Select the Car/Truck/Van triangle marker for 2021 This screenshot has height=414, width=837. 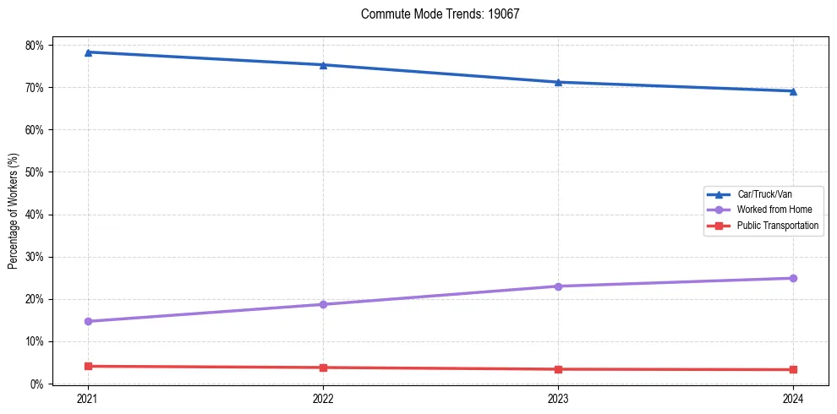click(88, 52)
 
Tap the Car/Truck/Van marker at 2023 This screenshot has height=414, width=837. click(558, 82)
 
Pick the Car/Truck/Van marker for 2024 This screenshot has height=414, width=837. click(793, 91)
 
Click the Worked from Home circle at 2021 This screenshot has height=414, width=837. click(88, 321)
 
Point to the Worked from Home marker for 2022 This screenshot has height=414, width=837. click(323, 304)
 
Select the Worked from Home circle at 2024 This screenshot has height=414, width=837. click(793, 278)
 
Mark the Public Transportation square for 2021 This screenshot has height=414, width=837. click(88, 366)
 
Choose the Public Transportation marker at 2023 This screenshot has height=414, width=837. click(558, 369)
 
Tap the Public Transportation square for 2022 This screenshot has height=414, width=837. click(323, 368)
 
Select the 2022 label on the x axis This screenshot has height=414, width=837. click(323, 398)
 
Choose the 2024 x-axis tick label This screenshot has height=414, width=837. click(793, 398)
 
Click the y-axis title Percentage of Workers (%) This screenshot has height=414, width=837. click(13, 211)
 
